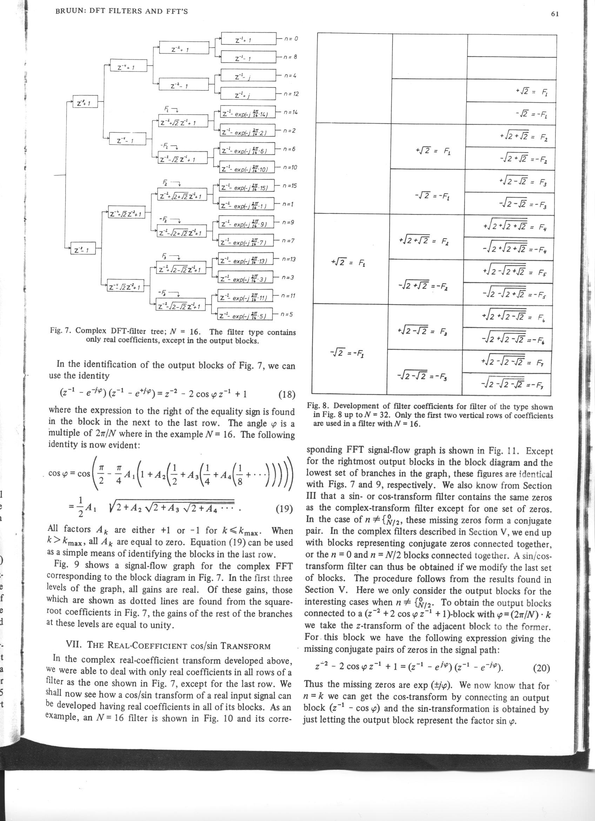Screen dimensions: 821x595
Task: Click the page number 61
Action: click(555, 14)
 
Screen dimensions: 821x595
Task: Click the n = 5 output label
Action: click(289, 314)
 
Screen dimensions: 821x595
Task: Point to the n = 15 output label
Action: click(290, 186)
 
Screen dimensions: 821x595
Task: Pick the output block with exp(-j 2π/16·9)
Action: click(246, 223)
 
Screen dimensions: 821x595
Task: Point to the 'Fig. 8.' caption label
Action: click(318, 406)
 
